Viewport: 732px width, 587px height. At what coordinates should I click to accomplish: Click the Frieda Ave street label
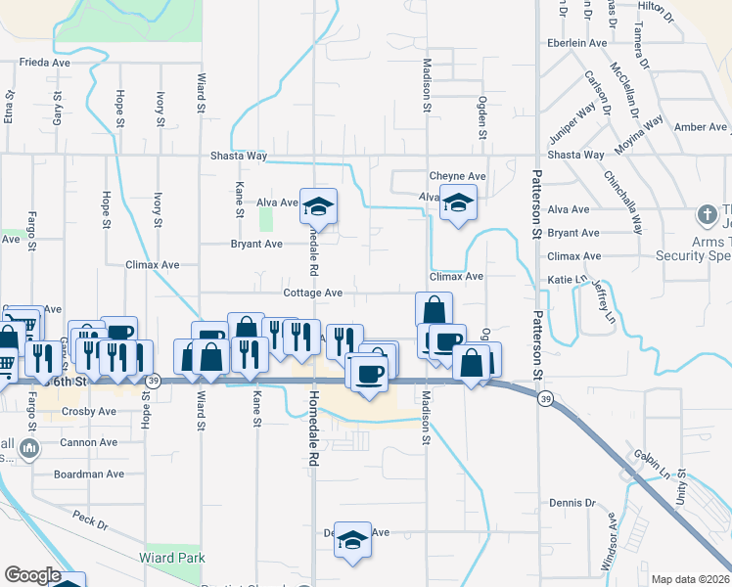click(x=46, y=62)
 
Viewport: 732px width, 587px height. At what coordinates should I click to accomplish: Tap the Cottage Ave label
click(x=312, y=293)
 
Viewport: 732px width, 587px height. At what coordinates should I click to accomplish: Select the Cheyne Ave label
click(x=457, y=176)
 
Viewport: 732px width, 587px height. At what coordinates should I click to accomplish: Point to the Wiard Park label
click(x=177, y=558)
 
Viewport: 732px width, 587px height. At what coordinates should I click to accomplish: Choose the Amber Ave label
click(x=701, y=127)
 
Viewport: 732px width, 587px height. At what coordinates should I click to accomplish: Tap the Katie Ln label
click(x=567, y=280)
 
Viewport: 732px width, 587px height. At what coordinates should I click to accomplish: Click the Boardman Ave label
click(x=91, y=474)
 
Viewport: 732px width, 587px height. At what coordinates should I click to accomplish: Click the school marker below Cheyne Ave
click(x=456, y=203)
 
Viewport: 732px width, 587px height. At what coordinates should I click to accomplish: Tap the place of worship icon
click(x=707, y=213)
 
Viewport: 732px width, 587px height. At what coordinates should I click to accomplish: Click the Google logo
click(x=32, y=575)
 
